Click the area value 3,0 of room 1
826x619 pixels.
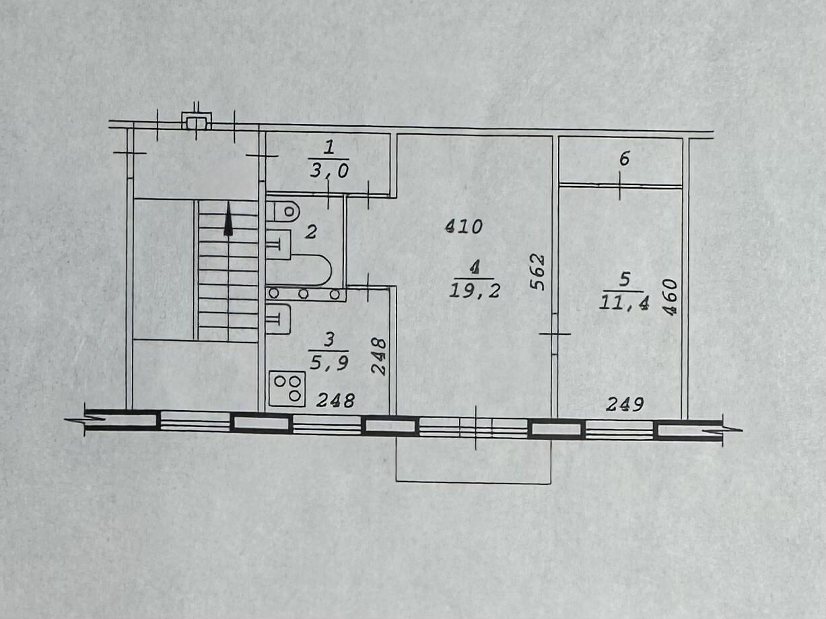point(330,172)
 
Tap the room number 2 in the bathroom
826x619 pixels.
point(311,232)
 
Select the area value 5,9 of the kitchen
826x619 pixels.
point(329,363)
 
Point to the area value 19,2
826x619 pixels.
point(475,291)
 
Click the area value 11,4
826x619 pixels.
point(624,302)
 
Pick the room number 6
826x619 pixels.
point(624,158)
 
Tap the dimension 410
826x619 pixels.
point(464,227)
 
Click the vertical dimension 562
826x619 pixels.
point(537,272)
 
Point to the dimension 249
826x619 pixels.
point(625,405)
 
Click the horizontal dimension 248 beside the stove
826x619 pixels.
point(336,401)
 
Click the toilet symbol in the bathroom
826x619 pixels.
point(283,211)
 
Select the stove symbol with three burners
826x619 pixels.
point(287,389)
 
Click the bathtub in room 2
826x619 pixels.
point(298,270)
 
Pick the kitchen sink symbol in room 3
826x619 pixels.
point(278,319)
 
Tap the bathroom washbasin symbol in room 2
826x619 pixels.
point(278,245)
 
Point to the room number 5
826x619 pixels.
point(625,280)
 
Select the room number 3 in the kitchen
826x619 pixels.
point(329,340)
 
